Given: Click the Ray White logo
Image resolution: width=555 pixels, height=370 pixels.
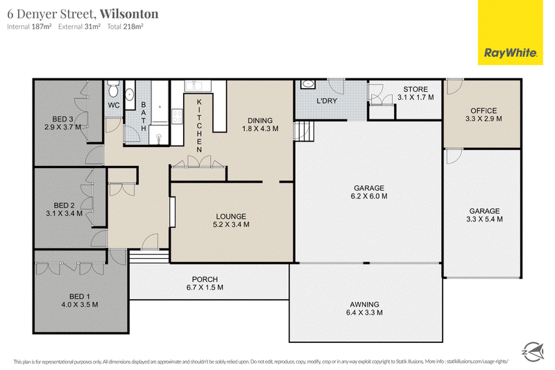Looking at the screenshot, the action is pyautogui.click(x=510, y=33).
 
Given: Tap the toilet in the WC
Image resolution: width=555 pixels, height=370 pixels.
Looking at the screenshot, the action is pyautogui.click(x=113, y=89).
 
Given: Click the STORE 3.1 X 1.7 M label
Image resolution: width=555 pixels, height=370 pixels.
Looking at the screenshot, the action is pyautogui.click(x=416, y=93).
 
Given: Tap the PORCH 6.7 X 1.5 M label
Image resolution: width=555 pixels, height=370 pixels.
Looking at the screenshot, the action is pyautogui.click(x=205, y=283).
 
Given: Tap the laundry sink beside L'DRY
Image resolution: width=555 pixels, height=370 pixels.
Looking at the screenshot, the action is pyautogui.click(x=308, y=84).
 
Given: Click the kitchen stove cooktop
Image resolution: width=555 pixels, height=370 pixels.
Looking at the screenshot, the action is pyautogui.click(x=177, y=117).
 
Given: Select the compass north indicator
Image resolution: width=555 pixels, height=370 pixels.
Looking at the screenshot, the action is pyautogui.click(x=533, y=351).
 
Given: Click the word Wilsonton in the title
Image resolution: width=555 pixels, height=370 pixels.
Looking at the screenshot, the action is pyautogui.click(x=129, y=14).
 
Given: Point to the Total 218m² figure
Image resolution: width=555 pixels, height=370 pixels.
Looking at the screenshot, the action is pyautogui.click(x=125, y=26).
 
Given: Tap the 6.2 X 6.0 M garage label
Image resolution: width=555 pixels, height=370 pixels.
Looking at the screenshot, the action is pyautogui.click(x=369, y=196).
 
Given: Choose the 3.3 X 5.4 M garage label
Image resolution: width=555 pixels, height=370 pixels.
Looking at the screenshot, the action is pyautogui.click(x=484, y=219).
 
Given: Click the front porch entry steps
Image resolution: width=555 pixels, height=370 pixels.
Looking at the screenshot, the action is pyautogui.click(x=149, y=256).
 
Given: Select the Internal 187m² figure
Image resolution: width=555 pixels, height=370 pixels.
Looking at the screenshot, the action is pyautogui.click(x=29, y=26).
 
